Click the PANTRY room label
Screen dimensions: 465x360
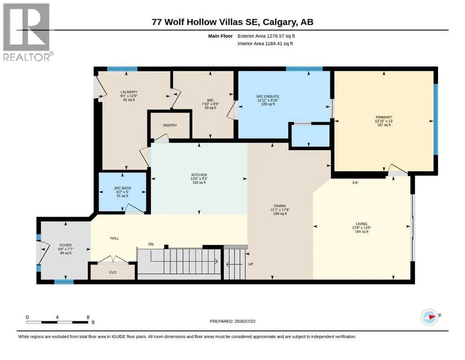click(x=170, y=126)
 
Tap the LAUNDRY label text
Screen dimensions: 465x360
click(x=129, y=92)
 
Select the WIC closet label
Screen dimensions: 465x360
click(x=210, y=100)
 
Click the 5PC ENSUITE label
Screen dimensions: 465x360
click(x=268, y=97)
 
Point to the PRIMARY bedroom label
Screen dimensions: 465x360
click(x=384, y=117)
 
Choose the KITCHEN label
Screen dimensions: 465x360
click(x=199, y=175)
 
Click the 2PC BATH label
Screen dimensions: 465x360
click(x=122, y=188)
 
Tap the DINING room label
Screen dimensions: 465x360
click(x=280, y=206)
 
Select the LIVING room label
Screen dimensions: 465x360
click(x=362, y=224)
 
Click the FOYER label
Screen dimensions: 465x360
click(x=66, y=246)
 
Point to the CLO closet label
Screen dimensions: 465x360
click(x=113, y=272)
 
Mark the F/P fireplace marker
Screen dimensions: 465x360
click(x=355, y=183)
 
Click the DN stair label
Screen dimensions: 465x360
click(x=151, y=244)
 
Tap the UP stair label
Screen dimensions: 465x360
click(x=251, y=264)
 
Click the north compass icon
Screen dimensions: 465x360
click(x=430, y=317)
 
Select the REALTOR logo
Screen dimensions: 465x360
click(x=27, y=32)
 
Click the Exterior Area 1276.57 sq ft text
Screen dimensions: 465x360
click(x=266, y=36)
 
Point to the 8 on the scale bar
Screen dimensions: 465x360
click(x=88, y=317)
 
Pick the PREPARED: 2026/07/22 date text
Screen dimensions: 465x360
click(x=232, y=321)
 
